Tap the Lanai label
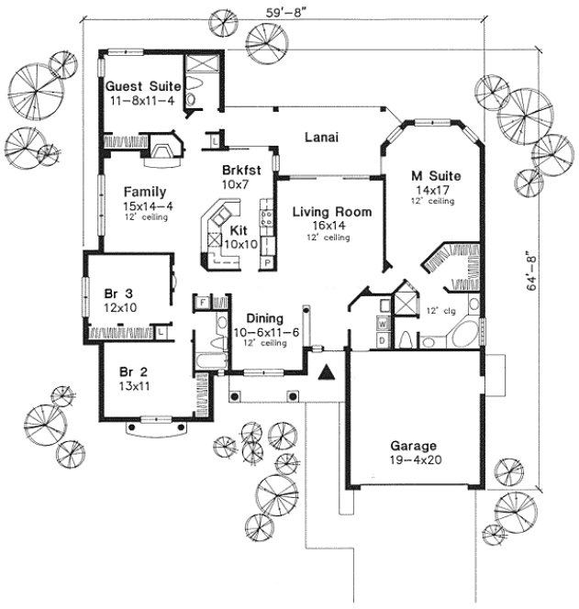pos(322,138)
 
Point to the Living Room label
pos(331,212)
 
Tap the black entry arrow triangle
pos(325,371)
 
